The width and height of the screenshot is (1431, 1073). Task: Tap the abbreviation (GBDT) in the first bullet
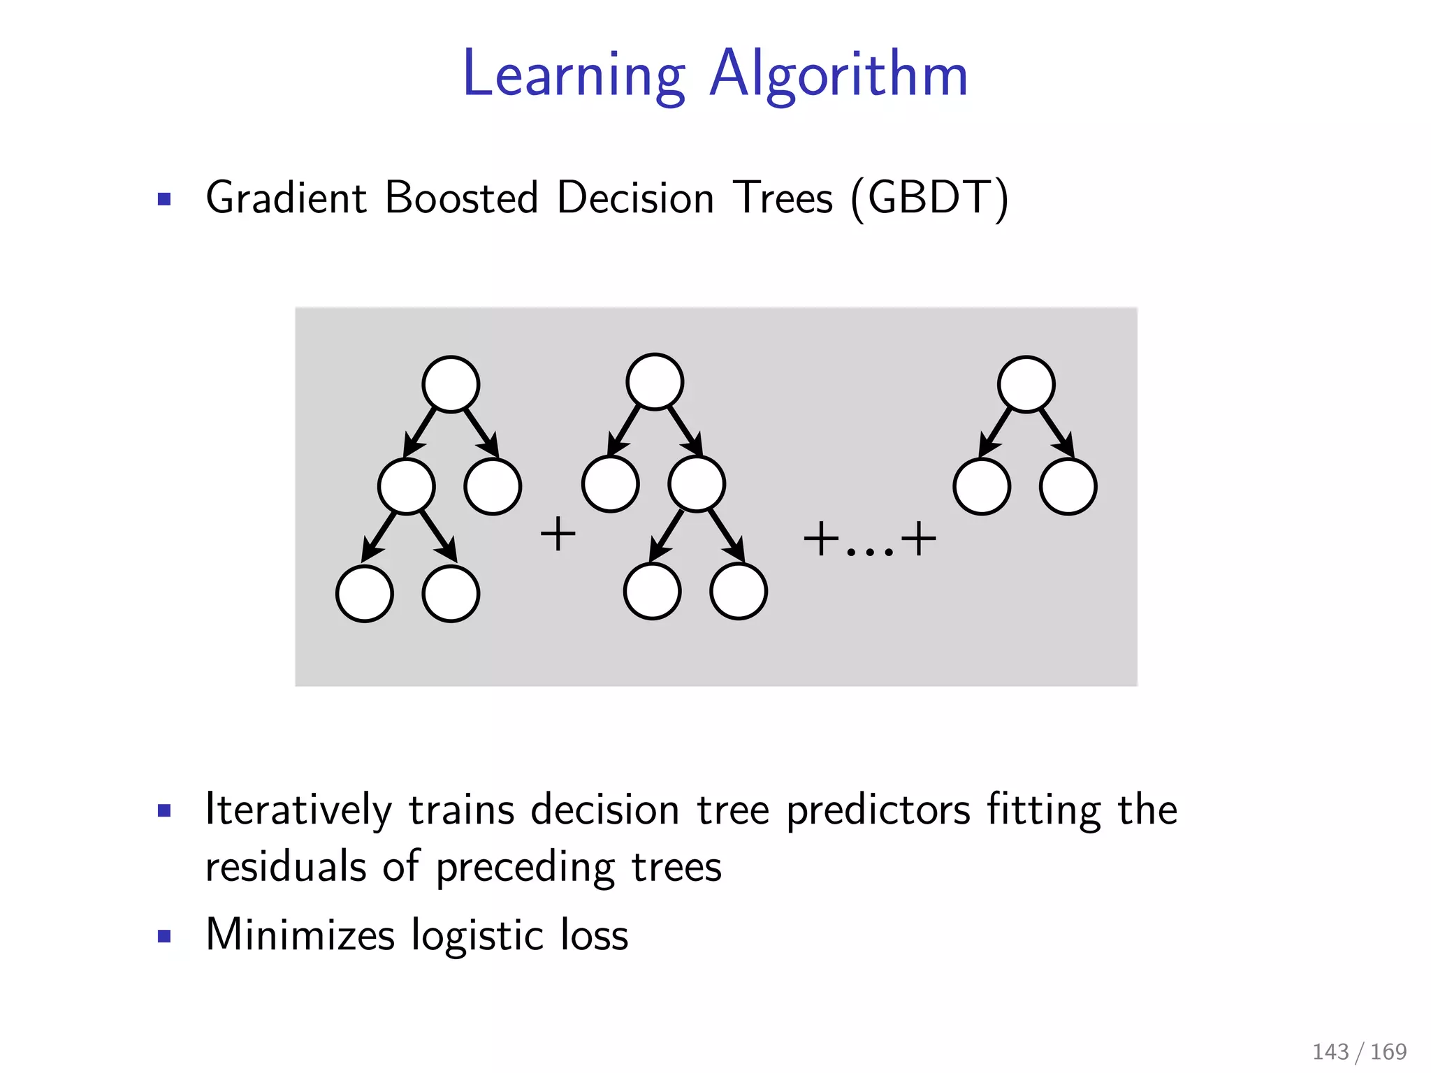click(929, 198)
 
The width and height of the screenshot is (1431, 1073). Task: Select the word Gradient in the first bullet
click(286, 198)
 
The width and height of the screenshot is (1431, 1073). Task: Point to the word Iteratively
click(298, 810)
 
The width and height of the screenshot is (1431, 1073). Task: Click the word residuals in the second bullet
click(285, 867)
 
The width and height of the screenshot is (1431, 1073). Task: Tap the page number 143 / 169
click(1359, 1051)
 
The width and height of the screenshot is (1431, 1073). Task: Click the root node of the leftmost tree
click(451, 384)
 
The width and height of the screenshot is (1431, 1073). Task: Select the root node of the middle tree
click(655, 381)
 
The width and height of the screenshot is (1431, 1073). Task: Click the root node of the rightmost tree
click(1026, 384)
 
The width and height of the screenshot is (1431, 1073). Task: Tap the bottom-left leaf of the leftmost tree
click(364, 594)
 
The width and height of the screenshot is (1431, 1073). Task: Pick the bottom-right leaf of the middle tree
click(739, 591)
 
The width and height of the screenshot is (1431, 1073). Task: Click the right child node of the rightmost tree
click(1068, 486)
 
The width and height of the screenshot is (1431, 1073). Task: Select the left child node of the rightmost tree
click(981, 486)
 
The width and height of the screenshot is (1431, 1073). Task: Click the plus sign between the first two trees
click(558, 535)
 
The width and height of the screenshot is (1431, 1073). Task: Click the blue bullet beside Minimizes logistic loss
click(164, 936)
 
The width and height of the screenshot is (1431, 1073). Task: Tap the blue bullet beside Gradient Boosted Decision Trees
click(164, 200)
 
